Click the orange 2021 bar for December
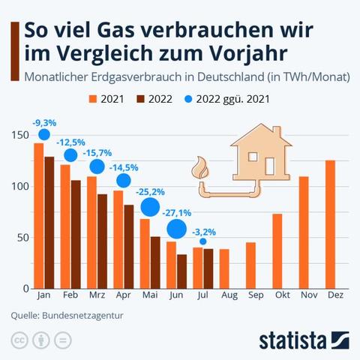point(330,224)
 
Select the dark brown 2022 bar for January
point(49,222)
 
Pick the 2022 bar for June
point(181,271)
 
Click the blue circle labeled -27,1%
point(177,229)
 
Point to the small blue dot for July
point(203,241)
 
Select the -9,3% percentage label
point(43,121)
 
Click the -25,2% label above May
point(150,193)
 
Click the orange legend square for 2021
point(94,98)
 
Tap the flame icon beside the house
point(201,167)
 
